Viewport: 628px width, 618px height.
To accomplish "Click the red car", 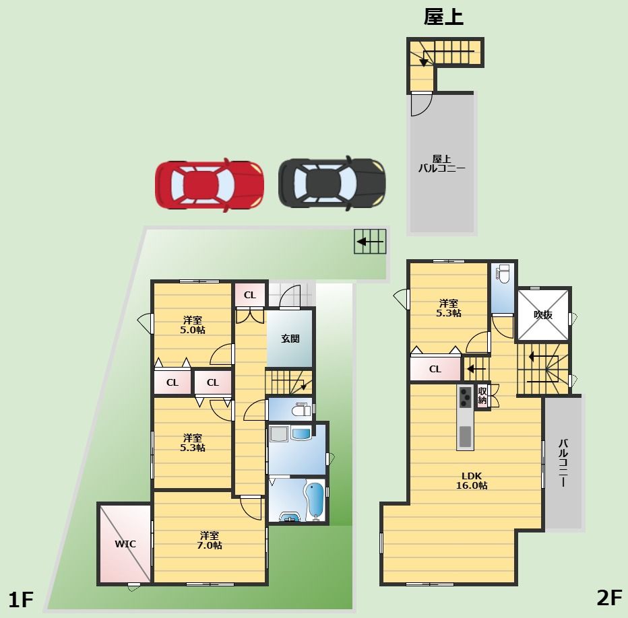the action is coord(210,185).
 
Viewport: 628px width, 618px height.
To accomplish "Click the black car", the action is coord(332,183).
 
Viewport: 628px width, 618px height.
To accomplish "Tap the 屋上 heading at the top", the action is coord(444,18).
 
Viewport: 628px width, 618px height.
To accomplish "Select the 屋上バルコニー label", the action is coord(442,164).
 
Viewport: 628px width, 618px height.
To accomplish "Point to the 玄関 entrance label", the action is coord(290,339).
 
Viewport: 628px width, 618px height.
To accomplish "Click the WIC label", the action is coord(125,544).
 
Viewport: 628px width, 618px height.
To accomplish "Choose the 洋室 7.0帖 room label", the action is coord(209,541).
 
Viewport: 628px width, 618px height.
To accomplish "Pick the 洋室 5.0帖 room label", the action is coord(193,325).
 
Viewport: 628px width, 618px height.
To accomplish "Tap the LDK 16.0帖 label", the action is coord(472,481).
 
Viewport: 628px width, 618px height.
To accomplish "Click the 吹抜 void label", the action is coord(543,315).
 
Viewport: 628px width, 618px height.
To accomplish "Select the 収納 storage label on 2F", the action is coord(482,395).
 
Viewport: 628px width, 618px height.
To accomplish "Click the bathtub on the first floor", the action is coord(315,501).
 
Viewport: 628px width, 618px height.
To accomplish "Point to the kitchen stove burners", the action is coord(465,397).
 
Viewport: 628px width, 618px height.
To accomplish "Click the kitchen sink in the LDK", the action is coord(465,436).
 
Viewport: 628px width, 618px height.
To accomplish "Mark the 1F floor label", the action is coord(20,600).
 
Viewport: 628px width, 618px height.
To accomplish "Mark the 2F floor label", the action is coord(609,598).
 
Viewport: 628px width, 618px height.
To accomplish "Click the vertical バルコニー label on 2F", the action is coord(563,462).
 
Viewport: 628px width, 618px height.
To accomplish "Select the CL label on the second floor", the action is coord(435,369).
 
